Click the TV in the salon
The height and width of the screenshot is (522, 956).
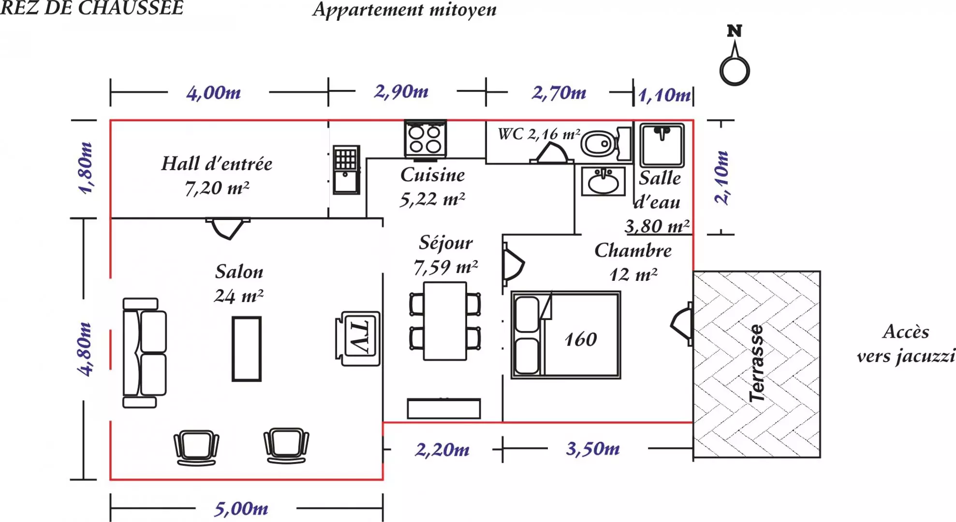point(358,338)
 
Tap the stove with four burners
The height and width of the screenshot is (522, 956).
point(426,139)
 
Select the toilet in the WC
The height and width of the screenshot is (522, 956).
point(600,144)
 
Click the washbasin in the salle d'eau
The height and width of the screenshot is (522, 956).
point(603,182)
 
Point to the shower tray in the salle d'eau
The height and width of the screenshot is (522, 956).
point(662,145)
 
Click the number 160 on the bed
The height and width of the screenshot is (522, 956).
point(581,339)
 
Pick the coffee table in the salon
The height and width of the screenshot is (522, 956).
point(247,348)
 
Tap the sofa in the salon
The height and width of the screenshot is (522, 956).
point(145,353)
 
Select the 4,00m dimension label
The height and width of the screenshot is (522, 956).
point(214,93)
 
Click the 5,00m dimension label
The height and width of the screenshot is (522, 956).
point(241,508)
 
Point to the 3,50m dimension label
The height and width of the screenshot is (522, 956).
point(593,449)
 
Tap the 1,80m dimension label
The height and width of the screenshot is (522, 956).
point(86,168)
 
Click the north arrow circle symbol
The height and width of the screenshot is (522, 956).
point(735,71)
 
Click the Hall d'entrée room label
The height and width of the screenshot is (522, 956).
point(217,164)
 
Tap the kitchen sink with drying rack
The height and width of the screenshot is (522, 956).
point(346,170)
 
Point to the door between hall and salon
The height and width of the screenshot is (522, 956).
point(228,228)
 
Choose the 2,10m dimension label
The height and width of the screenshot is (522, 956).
point(721,177)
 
